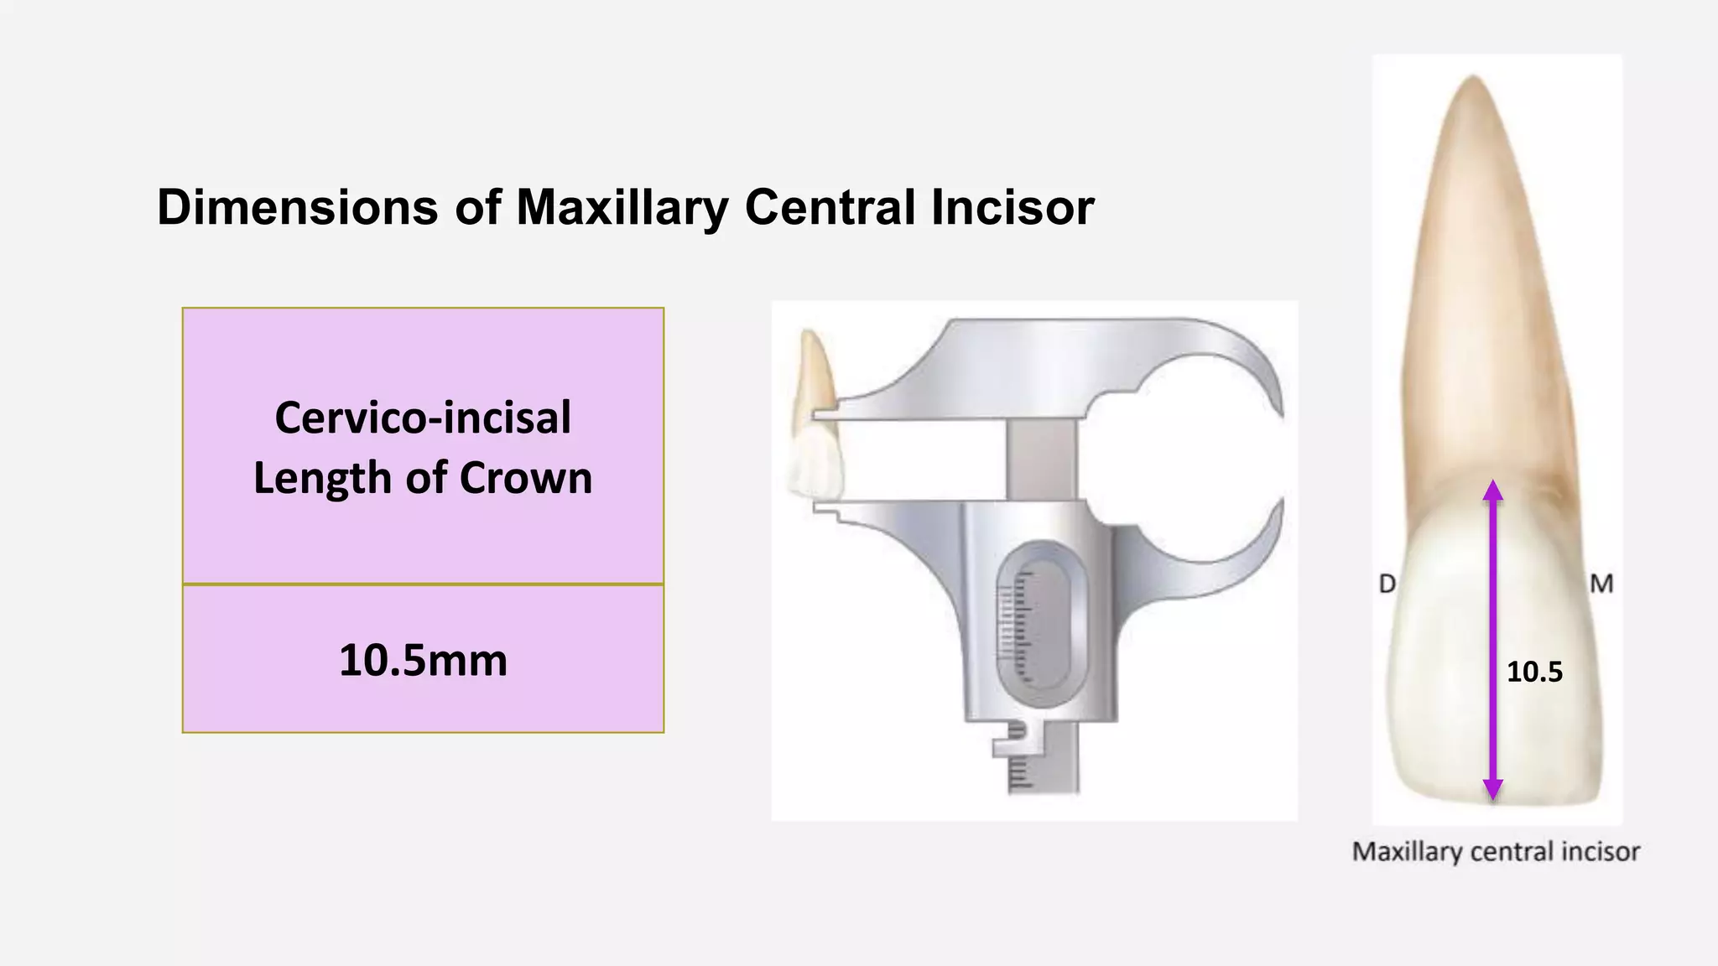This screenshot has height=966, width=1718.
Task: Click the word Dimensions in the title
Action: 297,207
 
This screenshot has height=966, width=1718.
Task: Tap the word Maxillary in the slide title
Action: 622,207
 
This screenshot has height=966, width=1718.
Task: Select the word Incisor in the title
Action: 1013,207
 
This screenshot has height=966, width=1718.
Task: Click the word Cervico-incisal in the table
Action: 423,418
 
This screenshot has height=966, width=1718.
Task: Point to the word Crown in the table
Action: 526,478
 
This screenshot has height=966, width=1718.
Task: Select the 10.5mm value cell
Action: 423,660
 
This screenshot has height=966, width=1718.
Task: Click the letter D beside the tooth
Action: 1387,584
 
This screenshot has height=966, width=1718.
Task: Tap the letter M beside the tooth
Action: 1601,584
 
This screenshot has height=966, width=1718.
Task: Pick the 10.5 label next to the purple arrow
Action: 1534,672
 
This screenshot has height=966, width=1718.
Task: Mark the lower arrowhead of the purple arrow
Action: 1492,789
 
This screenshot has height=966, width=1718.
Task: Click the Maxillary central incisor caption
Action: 1496,852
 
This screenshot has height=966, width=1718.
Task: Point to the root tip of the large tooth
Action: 1474,80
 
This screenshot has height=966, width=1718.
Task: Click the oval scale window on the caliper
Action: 1034,625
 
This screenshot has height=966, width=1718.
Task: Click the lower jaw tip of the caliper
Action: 825,511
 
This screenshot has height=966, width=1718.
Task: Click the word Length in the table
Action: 323,478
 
